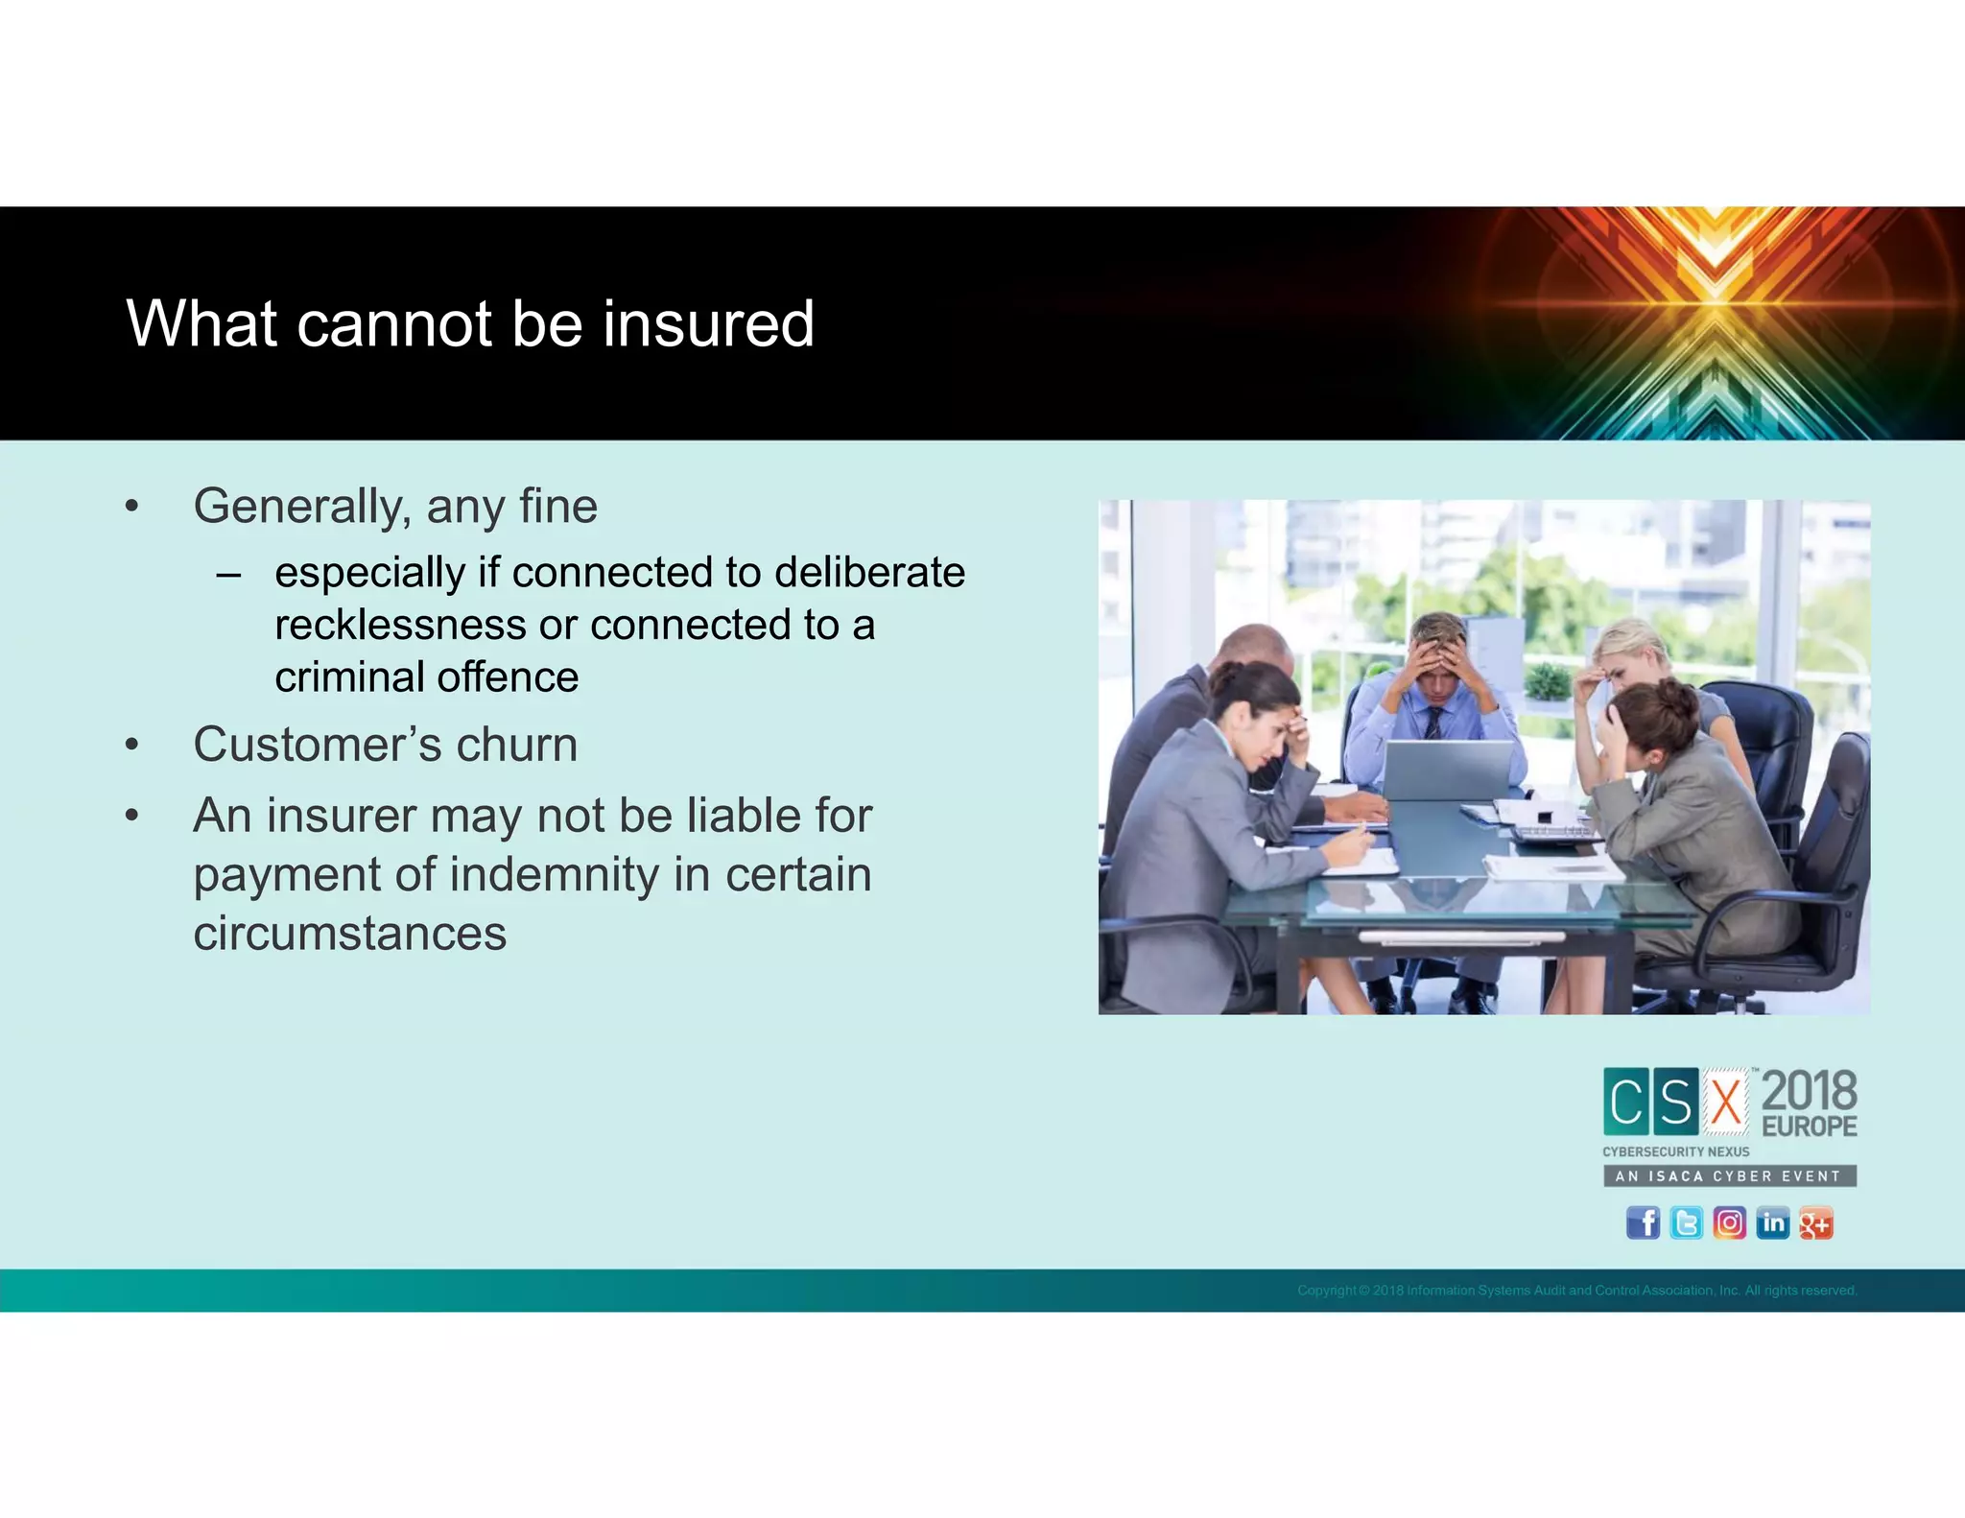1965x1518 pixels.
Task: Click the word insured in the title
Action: coord(708,323)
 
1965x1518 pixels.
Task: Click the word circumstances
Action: coord(349,934)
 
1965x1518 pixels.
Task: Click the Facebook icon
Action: coord(1643,1223)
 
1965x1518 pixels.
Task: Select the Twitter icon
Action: coord(1686,1223)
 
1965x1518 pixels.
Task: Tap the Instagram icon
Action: coord(1729,1223)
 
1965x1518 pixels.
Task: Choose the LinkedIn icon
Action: coord(1772,1223)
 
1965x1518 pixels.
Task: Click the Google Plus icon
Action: coord(1815,1223)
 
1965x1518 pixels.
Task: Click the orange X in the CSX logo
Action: coord(1726,1102)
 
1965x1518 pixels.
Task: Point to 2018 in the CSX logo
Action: coord(1809,1091)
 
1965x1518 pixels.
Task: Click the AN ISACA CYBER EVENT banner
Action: coord(1729,1176)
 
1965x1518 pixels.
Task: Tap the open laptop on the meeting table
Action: coord(1446,769)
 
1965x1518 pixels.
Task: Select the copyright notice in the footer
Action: coord(1576,1291)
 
